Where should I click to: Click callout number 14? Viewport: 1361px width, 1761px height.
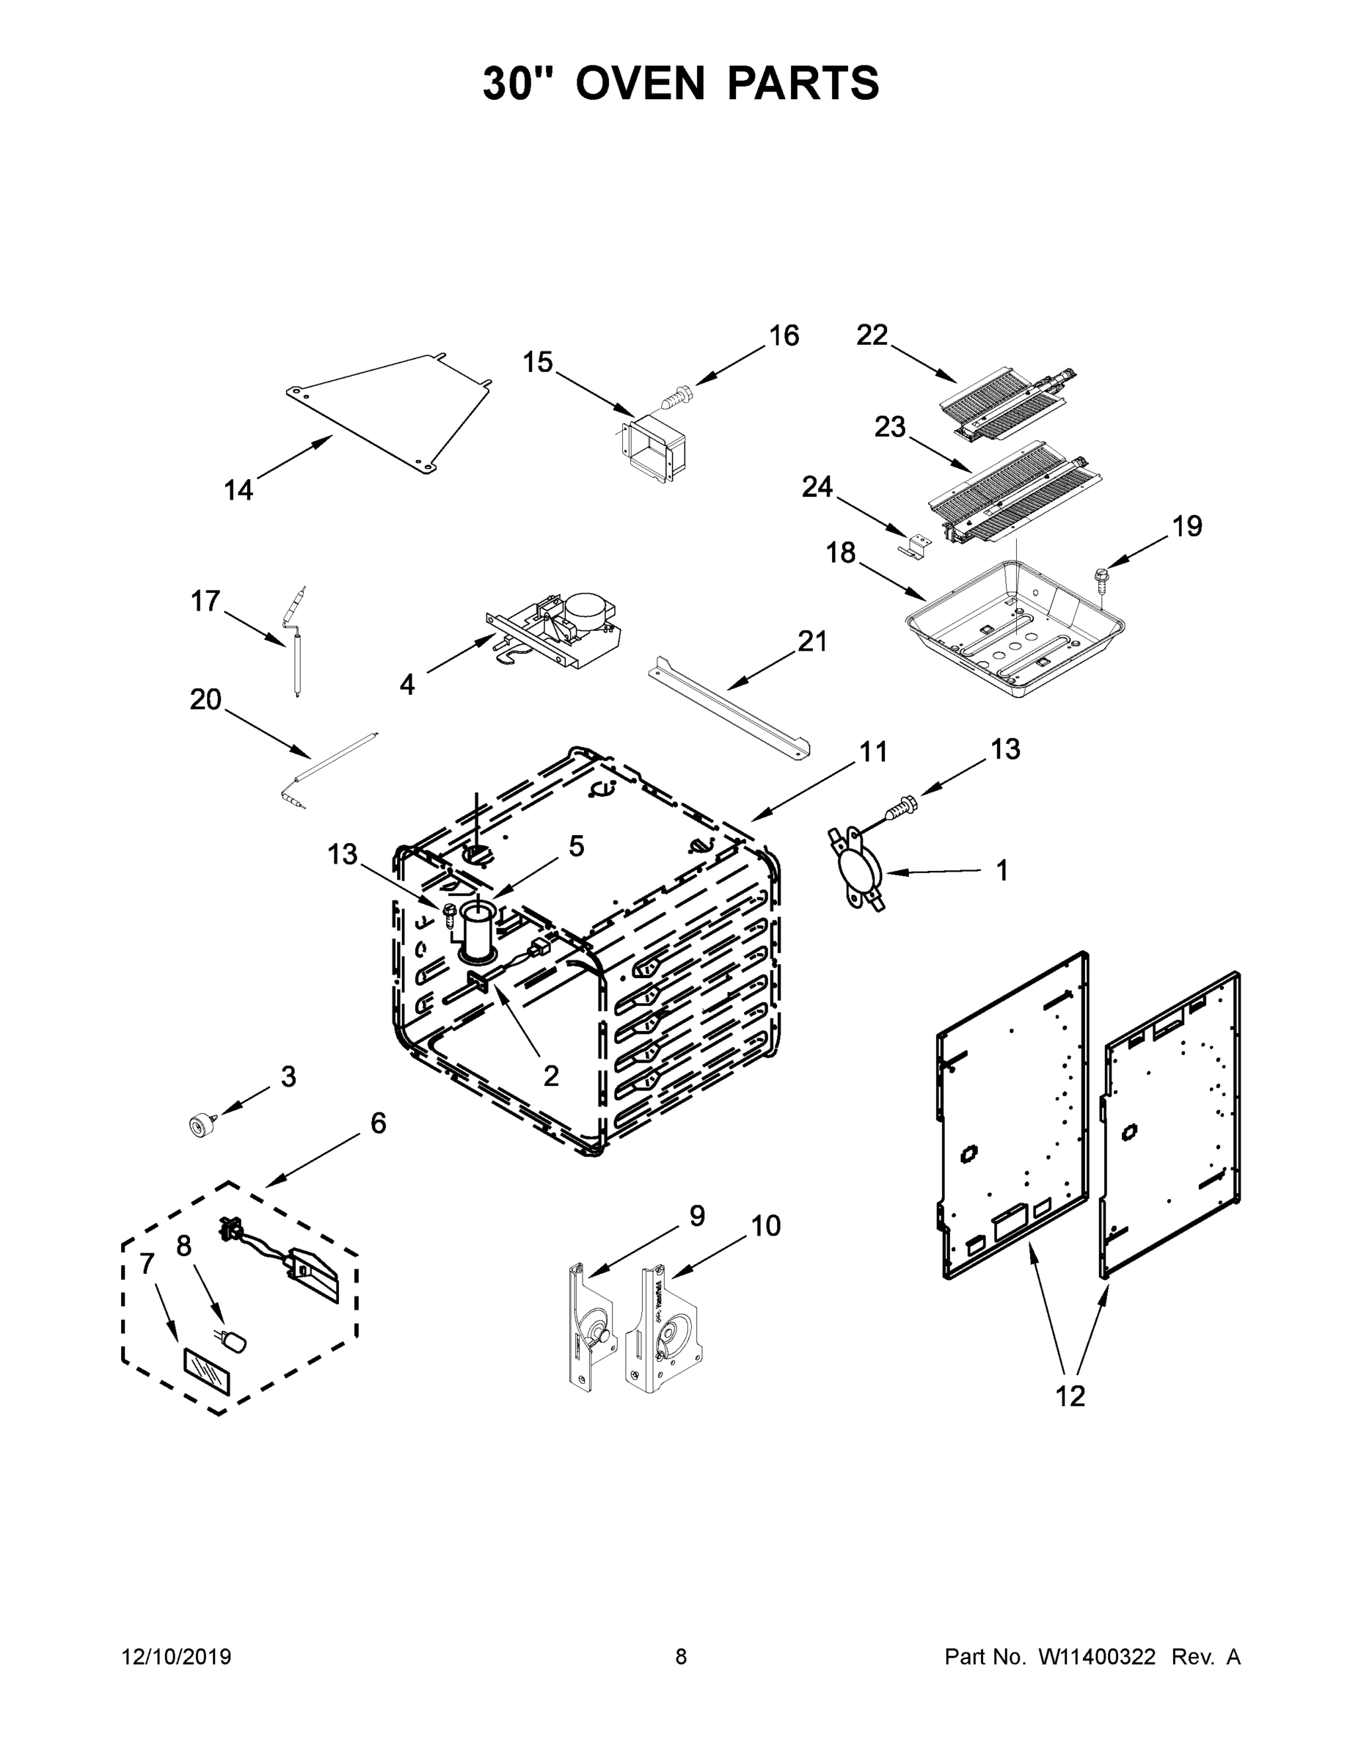238,489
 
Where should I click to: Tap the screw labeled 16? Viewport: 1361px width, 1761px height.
676,394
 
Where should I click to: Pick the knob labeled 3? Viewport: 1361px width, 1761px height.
197,1125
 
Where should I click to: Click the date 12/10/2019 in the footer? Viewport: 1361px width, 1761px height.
177,1656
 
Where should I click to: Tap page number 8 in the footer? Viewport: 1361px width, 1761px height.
681,1656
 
